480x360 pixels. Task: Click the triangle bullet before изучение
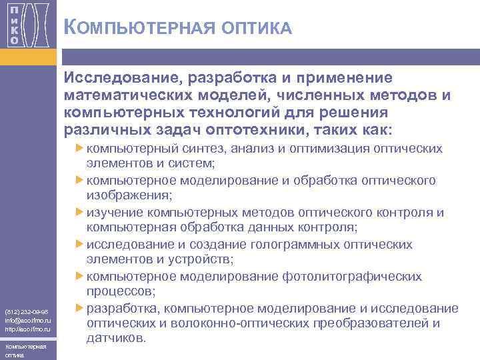[80, 212]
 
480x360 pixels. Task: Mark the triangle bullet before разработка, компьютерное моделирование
[80, 308]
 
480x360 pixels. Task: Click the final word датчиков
[115, 339]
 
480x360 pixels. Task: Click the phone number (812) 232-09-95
[25, 311]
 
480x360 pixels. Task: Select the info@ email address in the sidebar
[27, 320]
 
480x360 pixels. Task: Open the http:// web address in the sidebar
[27, 329]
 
